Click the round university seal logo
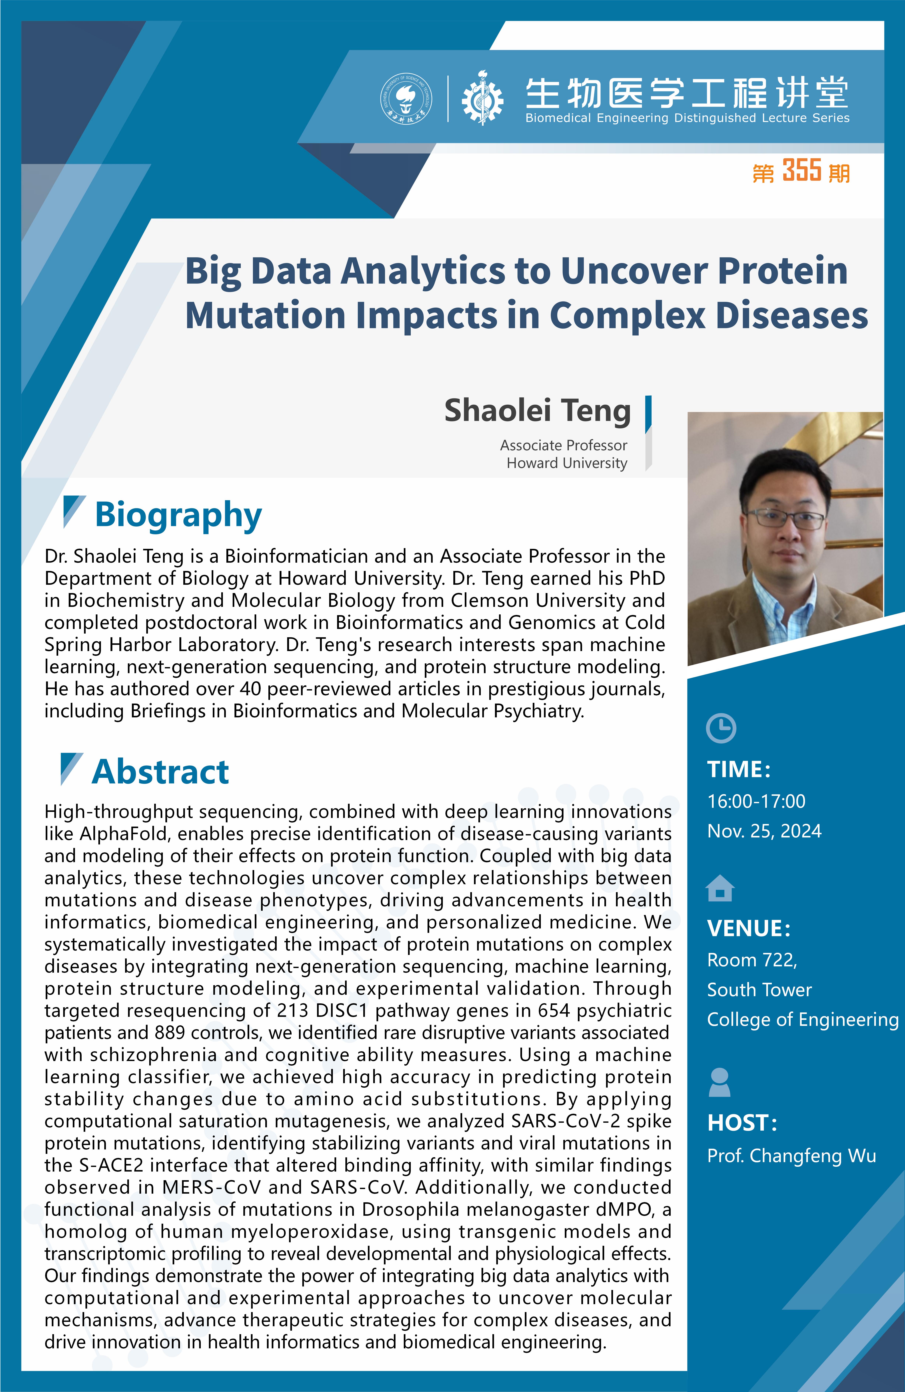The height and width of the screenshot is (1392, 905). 407,99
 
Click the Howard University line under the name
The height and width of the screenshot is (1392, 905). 567,463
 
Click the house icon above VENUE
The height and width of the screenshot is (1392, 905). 720,888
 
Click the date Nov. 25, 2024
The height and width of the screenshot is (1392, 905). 764,831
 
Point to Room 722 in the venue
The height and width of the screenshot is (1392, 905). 752,960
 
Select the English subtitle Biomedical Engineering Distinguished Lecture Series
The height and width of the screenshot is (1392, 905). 687,118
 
